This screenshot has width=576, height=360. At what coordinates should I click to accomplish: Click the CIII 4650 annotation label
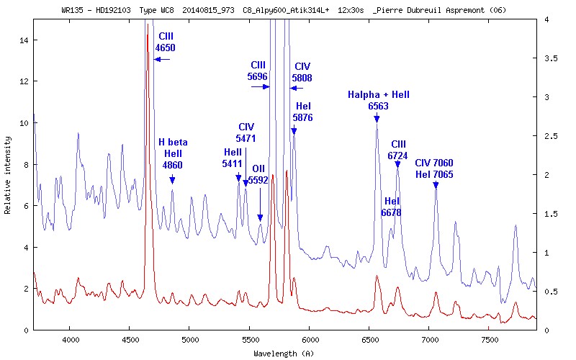coord(166,42)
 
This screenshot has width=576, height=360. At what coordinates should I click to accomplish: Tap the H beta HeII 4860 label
coord(172,153)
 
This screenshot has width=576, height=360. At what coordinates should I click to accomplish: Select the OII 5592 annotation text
coord(258,175)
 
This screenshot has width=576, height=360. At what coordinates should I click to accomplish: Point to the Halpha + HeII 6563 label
coord(378,100)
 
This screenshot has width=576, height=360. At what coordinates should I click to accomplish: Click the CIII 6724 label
coord(398,150)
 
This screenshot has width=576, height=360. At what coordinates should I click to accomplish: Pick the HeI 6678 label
coord(391,207)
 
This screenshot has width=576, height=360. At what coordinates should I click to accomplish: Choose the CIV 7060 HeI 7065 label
coord(434,168)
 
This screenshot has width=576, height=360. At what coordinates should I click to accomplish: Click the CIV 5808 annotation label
coord(302,72)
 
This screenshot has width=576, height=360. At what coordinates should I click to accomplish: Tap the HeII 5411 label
coord(233,158)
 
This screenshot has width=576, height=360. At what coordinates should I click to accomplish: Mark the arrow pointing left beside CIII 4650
coord(161,60)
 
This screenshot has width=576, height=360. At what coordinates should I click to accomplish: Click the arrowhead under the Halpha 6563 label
coord(377,119)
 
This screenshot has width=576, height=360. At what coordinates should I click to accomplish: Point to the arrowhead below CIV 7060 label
coord(436,185)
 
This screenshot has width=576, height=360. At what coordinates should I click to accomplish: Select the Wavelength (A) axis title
coord(284,354)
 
